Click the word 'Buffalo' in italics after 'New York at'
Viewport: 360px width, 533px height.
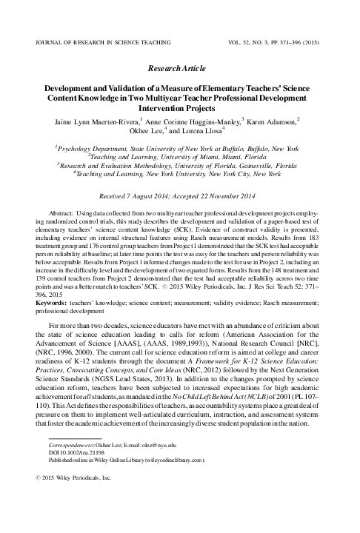coord(234,149)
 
